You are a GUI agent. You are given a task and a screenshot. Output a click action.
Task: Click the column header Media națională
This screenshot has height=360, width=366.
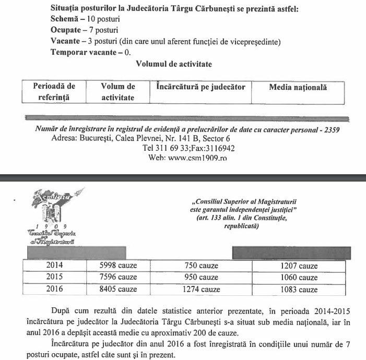click(x=298, y=88)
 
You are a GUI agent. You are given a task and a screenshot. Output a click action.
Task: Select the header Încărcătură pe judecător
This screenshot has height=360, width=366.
click(x=200, y=86)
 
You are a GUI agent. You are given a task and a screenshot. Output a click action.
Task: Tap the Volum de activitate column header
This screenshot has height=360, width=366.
click(x=118, y=92)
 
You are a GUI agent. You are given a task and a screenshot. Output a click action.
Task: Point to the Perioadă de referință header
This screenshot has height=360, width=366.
click(x=54, y=91)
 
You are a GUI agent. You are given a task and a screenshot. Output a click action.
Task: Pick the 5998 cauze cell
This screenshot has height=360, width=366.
click(x=118, y=266)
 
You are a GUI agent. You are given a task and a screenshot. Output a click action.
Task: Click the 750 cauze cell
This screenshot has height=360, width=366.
click(x=202, y=266)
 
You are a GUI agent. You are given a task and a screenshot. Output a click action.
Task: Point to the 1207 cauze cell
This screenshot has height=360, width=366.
click(x=298, y=266)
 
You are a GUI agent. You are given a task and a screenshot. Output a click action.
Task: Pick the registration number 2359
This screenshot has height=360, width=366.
click(x=332, y=129)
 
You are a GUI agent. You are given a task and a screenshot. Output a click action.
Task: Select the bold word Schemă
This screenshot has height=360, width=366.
click(x=65, y=20)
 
